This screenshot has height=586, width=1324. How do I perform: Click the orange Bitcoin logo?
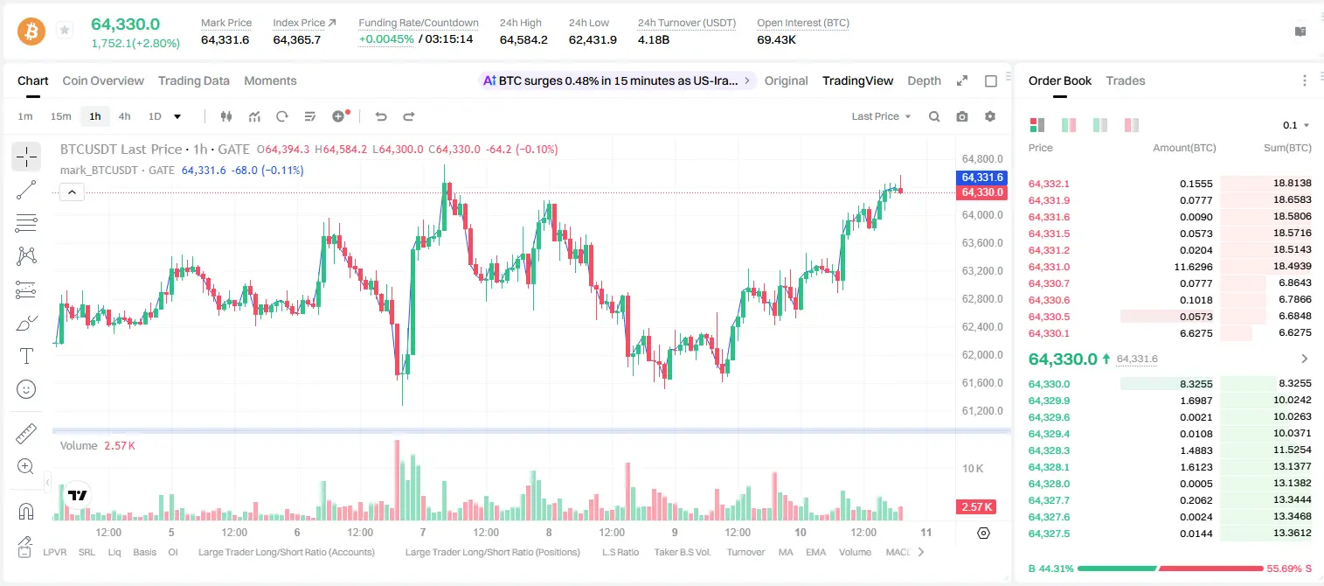point(31,31)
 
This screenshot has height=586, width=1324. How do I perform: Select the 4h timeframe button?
point(124,116)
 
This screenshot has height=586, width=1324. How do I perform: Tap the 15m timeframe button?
point(61,116)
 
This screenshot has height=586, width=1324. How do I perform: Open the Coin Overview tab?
point(103,80)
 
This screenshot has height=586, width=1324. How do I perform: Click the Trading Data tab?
point(193,80)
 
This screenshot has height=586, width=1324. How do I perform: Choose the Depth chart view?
point(924,80)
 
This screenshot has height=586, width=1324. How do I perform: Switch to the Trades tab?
point(1126,80)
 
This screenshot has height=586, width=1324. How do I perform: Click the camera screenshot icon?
point(962,116)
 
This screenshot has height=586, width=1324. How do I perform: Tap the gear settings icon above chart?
point(990,116)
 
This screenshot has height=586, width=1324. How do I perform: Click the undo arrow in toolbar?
point(381,116)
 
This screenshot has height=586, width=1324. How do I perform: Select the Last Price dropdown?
point(881,116)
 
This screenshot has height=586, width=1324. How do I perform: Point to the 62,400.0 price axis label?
point(982,327)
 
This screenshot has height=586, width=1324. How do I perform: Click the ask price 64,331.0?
point(1049,267)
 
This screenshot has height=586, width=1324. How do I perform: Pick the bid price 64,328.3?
point(1049,450)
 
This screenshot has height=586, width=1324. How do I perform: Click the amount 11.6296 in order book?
point(1193,267)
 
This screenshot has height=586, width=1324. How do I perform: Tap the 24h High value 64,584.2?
point(523,39)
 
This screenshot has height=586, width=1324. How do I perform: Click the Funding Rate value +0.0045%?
point(386,39)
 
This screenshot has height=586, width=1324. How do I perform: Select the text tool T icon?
point(26,356)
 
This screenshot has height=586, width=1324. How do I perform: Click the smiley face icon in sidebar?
point(26,389)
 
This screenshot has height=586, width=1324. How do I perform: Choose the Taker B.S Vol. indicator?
point(682,552)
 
